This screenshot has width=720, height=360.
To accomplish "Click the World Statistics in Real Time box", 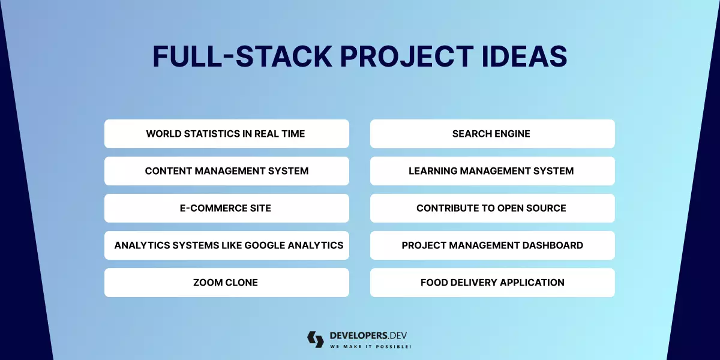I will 226,134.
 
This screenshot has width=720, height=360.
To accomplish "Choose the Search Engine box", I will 492,134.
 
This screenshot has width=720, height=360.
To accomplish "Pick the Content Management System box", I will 226,171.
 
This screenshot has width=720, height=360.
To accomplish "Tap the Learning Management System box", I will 492,171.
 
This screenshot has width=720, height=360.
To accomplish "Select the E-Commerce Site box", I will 226,208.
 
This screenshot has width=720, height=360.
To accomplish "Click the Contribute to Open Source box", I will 492,208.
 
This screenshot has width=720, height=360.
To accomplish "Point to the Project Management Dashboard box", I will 492,245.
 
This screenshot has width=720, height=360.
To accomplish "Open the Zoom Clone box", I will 226,283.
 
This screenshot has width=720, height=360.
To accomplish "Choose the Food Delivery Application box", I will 492,283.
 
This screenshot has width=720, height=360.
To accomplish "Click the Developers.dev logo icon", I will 315,340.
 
